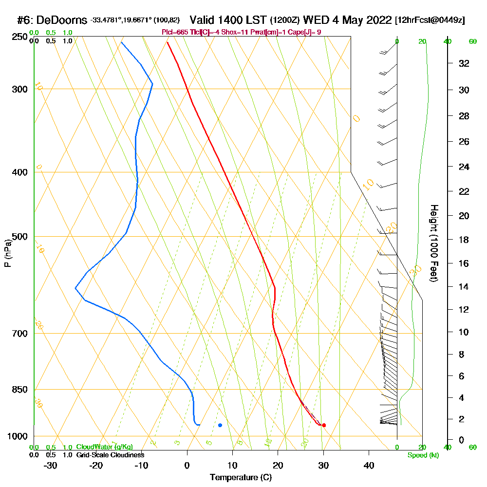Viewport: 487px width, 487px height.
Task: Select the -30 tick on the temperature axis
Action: click(x=51, y=466)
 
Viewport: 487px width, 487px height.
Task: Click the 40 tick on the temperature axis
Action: click(x=369, y=466)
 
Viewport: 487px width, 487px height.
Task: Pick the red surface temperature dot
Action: click(x=324, y=425)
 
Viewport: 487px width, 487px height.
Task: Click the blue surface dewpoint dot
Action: click(x=220, y=425)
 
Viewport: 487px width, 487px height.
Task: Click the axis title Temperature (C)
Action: click(x=241, y=478)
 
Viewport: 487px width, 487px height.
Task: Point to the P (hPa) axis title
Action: click(x=7, y=253)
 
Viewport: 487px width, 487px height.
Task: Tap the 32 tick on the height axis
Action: click(x=464, y=63)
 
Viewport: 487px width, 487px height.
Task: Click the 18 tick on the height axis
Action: click(x=464, y=240)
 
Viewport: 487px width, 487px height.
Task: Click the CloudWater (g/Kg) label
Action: click(x=104, y=447)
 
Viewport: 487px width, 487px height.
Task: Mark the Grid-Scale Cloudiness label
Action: click(x=110, y=455)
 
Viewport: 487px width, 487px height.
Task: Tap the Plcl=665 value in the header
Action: click(x=174, y=32)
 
